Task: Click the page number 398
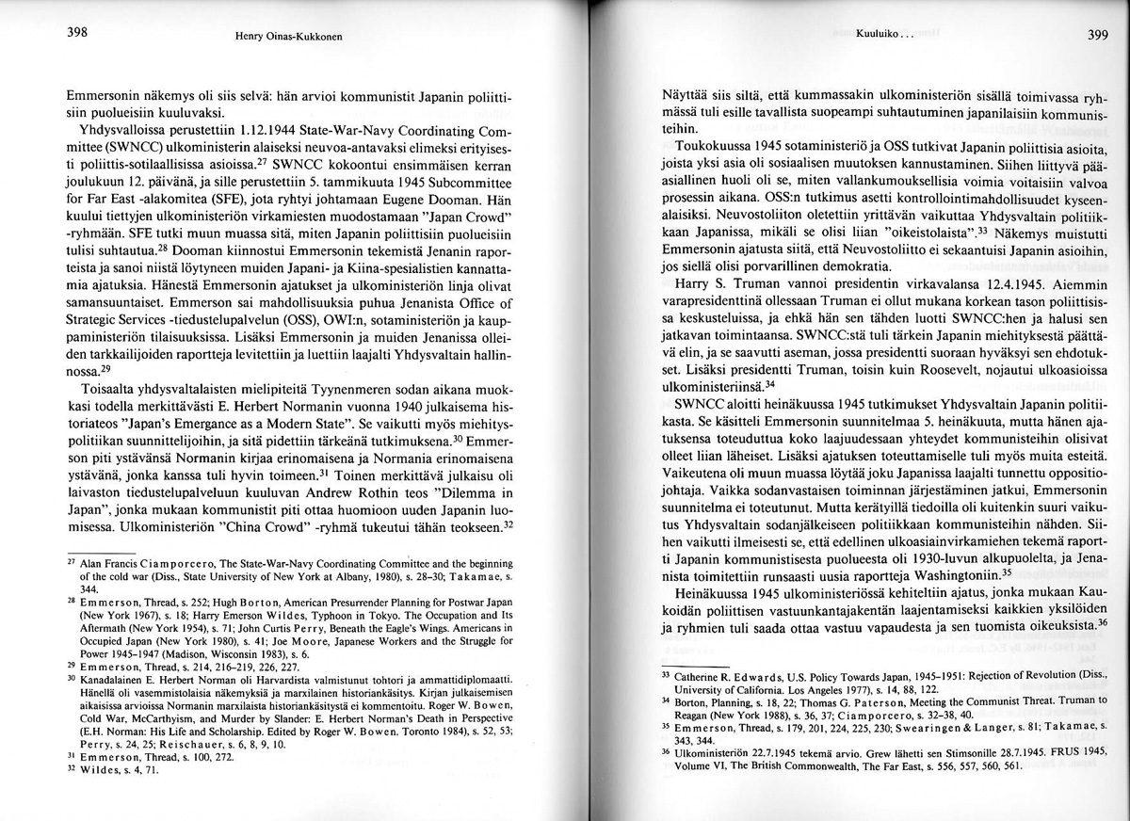77,32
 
